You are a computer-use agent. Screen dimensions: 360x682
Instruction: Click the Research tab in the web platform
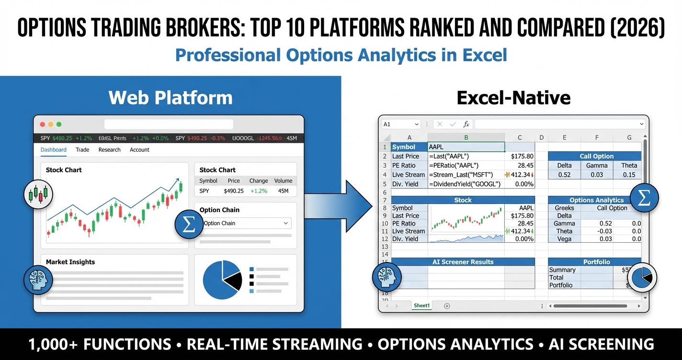pos(109,150)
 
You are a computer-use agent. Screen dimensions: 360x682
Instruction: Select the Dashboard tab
pos(53,150)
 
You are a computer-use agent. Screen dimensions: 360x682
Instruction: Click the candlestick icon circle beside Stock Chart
pos(38,194)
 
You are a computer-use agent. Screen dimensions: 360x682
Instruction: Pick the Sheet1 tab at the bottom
pos(421,305)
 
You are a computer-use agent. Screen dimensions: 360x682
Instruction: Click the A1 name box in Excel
pos(400,124)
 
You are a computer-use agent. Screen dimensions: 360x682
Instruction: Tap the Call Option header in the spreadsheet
pos(596,156)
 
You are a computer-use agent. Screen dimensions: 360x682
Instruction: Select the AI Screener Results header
pos(463,262)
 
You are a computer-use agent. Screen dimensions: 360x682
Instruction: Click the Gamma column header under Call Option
pos(596,165)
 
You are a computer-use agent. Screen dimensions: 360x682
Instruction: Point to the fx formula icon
pos(466,124)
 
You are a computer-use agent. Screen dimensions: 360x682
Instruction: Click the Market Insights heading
pos(70,262)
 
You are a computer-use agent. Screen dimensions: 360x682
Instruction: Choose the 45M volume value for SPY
pos(283,191)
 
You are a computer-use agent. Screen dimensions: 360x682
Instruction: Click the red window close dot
pos(43,124)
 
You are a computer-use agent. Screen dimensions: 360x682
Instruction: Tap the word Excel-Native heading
pos(513,98)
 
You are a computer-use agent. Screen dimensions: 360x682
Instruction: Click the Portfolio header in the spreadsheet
pos(596,262)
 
